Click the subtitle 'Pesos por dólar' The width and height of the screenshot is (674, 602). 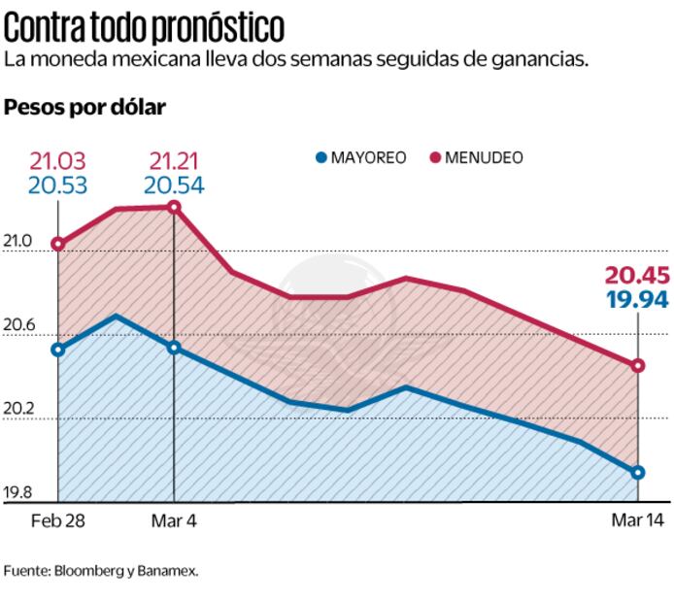(x=85, y=108)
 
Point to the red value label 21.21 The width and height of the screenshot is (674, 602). (x=175, y=160)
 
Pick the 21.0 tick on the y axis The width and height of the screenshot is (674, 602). (x=19, y=241)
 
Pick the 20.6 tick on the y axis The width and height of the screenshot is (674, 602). (x=19, y=325)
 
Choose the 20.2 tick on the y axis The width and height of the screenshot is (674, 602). (x=19, y=409)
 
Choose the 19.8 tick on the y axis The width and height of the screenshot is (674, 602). (x=19, y=492)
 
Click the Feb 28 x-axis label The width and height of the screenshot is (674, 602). (x=57, y=520)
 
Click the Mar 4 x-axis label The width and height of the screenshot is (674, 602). (x=174, y=520)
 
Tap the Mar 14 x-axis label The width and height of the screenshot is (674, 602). (x=637, y=520)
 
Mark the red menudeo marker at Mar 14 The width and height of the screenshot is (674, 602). (x=638, y=366)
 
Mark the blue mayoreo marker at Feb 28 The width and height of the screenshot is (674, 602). (x=58, y=350)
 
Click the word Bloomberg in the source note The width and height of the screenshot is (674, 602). (x=90, y=571)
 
